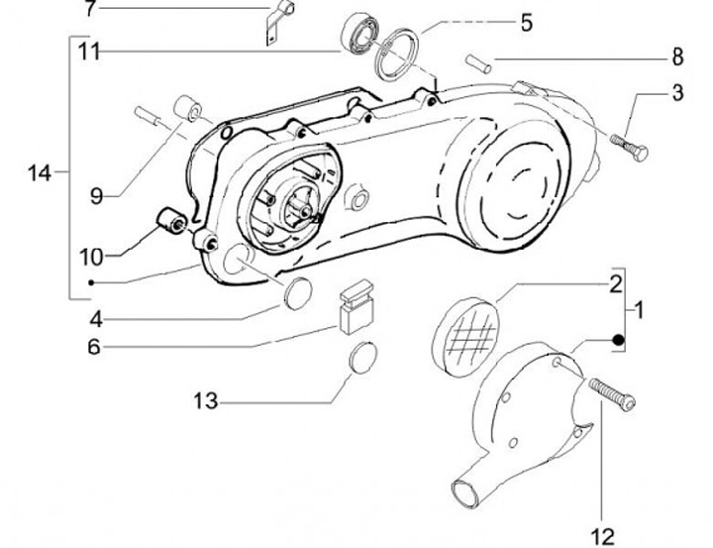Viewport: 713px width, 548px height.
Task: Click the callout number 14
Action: tap(39, 173)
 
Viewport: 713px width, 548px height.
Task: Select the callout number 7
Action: tap(92, 10)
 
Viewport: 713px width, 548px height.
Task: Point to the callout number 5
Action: tap(526, 21)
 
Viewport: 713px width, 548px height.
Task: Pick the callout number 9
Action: tap(96, 196)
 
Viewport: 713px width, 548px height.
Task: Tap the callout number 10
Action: tap(91, 257)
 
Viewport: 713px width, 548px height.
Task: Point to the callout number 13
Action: tap(205, 401)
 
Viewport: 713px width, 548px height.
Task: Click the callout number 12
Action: tap(602, 536)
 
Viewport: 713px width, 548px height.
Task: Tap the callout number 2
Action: tap(615, 284)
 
